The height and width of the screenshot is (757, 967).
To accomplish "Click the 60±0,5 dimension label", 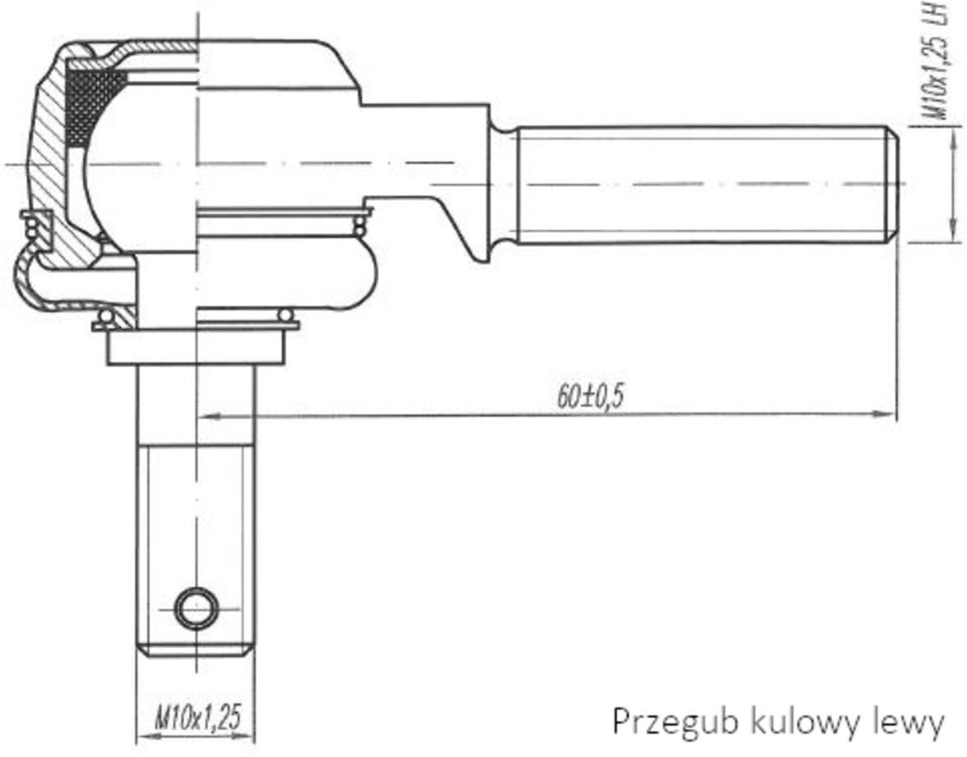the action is pos(590,397).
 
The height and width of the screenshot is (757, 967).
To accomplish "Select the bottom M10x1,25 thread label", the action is pos(197,717).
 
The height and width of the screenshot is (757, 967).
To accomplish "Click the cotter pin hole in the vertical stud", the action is pos(196,608).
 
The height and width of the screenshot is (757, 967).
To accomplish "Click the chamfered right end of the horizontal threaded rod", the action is pos(893,184).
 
